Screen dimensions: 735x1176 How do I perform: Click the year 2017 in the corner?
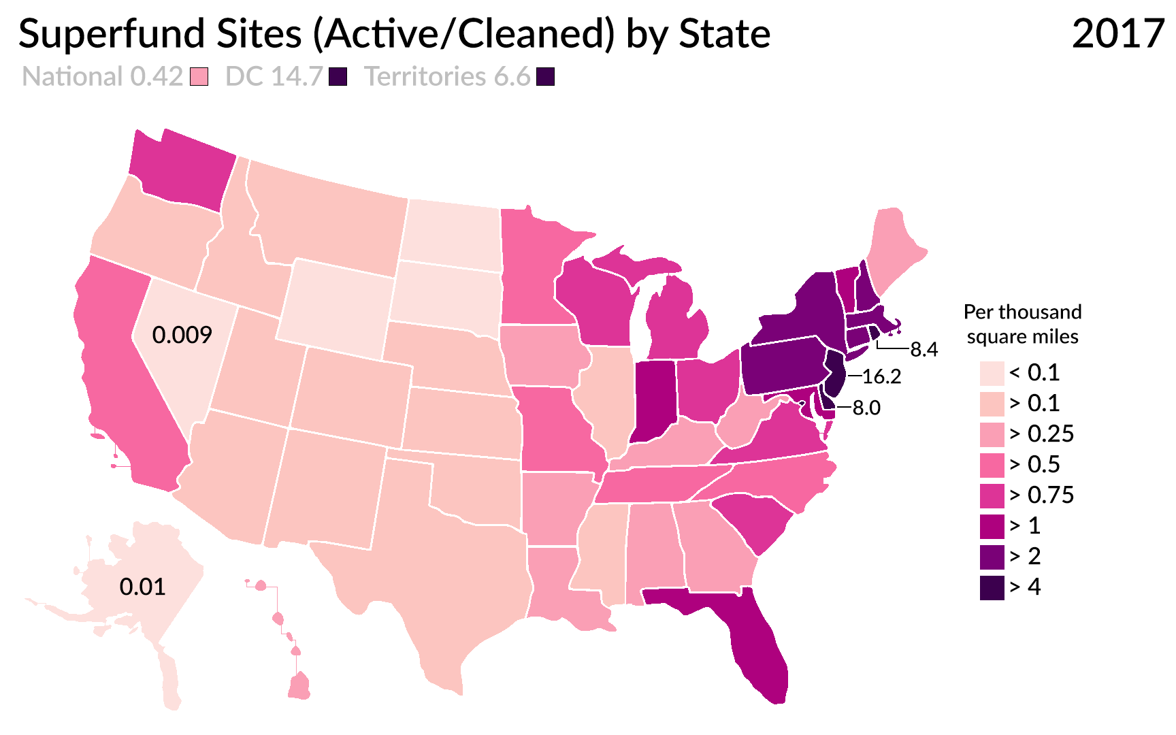[1117, 34]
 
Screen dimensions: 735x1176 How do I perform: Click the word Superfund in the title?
[112, 34]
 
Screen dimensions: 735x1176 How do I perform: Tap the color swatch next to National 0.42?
[199, 77]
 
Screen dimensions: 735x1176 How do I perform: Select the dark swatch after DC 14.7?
[338, 77]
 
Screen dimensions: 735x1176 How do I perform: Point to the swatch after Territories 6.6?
[545, 77]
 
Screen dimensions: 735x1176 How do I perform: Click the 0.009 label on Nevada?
[182, 335]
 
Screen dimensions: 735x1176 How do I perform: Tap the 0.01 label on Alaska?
[142, 587]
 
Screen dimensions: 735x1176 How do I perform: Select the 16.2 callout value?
[881, 376]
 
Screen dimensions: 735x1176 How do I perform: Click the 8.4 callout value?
[924, 350]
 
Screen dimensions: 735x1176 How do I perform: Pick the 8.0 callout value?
[866, 408]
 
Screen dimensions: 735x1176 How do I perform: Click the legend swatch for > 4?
[992, 588]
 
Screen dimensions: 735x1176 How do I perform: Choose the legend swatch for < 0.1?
[992, 374]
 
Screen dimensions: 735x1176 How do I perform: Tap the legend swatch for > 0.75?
[992, 496]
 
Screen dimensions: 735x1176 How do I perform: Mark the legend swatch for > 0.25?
[992, 435]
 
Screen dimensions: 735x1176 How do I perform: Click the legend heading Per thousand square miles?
[1022, 324]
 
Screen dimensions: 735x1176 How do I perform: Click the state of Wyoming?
[337, 306]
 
